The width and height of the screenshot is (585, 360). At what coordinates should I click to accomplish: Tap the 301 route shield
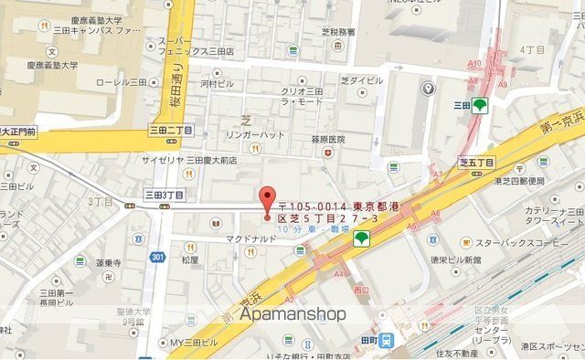159,257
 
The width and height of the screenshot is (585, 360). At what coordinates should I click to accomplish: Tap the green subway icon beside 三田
480,103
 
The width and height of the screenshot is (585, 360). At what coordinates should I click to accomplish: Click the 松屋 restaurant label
189,259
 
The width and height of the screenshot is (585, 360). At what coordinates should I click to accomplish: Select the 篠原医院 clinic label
327,140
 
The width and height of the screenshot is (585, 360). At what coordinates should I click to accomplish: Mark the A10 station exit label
474,63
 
